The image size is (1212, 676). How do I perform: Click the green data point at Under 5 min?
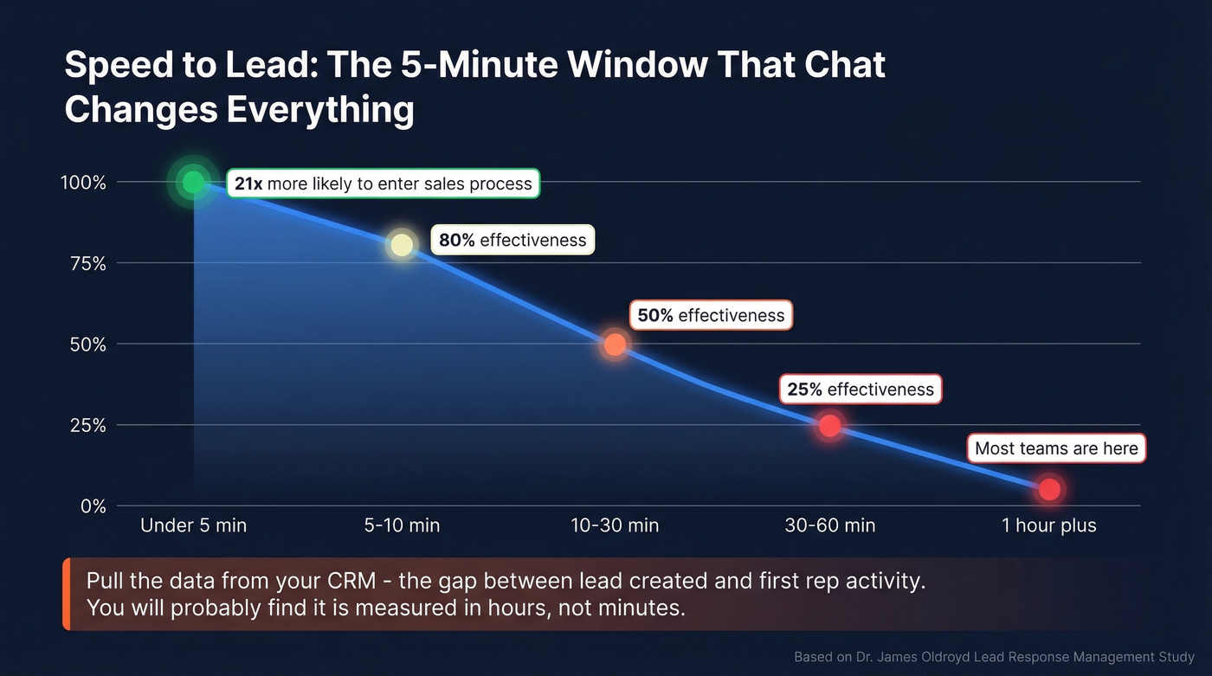194,183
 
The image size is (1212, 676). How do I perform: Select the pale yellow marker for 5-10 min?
402,245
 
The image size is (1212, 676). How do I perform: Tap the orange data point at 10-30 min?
615,344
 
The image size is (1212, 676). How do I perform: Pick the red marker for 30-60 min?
829,426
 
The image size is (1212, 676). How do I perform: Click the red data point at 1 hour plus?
1049,490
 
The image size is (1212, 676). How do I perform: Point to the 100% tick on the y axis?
83,183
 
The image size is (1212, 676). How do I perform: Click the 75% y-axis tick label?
87,264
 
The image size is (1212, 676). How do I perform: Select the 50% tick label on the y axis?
87,344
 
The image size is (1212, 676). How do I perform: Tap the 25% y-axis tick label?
87,426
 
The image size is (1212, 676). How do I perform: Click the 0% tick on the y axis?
93,506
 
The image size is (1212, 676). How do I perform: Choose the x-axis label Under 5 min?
193,525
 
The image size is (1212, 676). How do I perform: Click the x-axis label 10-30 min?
615,525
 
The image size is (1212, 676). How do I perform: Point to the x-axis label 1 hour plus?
1049,525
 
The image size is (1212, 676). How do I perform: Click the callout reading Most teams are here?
1056,448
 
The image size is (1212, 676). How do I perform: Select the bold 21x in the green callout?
248,183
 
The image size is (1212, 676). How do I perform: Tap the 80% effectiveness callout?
513,240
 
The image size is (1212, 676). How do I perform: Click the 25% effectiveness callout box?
861,390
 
